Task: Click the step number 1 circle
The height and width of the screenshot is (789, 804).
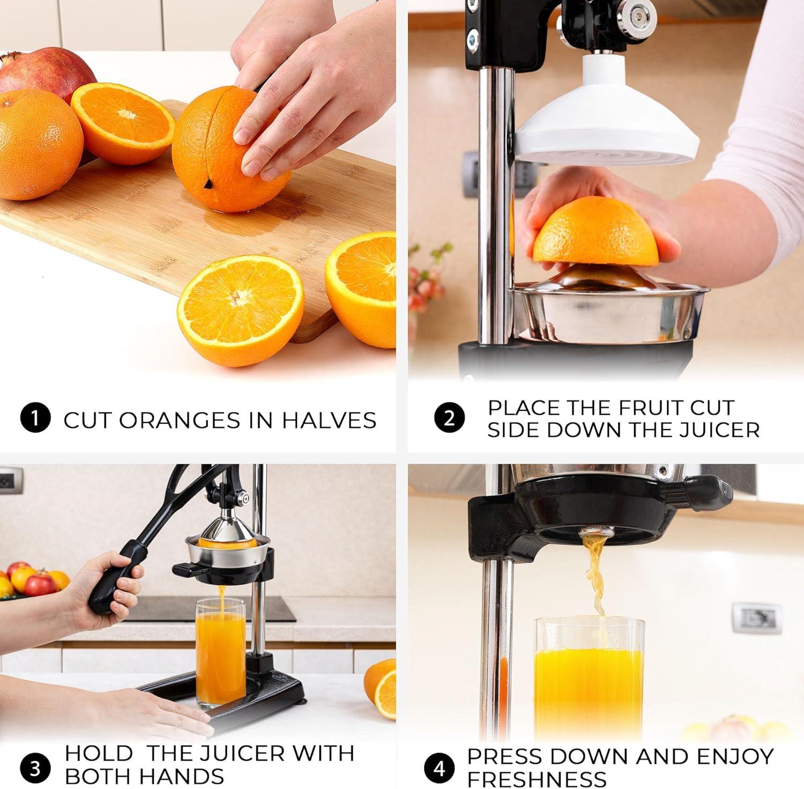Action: pos(35,419)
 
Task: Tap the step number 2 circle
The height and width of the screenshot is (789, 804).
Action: pos(449,418)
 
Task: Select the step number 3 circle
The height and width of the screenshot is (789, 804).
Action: pos(35,768)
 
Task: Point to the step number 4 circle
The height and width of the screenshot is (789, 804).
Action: pos(440,768)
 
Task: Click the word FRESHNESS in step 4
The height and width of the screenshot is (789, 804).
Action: pos(537,778)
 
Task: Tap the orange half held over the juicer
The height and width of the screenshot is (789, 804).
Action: pos(596,232)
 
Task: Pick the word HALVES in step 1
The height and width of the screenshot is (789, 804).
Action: pos(329,420)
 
